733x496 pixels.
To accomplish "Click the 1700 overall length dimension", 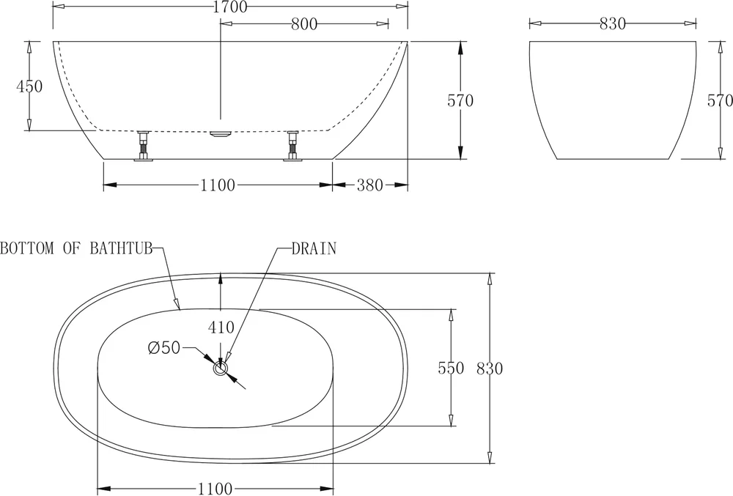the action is coord(230,7).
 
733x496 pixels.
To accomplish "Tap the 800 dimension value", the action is coord(304,24).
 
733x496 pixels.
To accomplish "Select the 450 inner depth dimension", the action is coord(29,86).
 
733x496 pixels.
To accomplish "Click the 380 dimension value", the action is coord(369,185).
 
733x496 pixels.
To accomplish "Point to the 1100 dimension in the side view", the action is coord(218,185).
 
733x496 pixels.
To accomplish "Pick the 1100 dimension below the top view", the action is coord(215,489).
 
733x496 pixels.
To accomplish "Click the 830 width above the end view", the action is coord(612,24).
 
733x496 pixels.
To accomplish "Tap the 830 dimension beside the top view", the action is coord(490,369).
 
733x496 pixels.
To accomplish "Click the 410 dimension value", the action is coord(221,327).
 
